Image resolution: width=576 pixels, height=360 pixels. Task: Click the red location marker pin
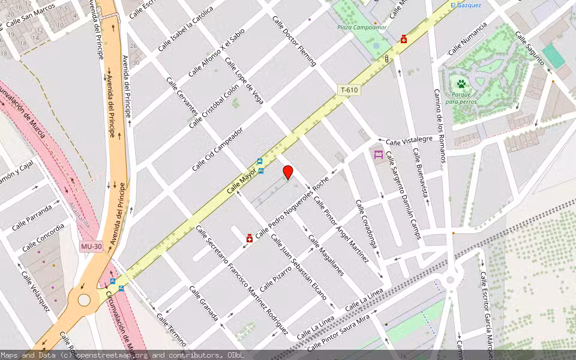coord(288,171)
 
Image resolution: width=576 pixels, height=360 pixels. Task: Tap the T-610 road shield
coord(349,91)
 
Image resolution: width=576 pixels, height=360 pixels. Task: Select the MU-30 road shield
coord(89,247)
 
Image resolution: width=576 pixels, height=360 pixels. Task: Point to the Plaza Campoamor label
coord(362,27)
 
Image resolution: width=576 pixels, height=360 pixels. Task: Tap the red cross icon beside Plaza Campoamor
coord(404,40)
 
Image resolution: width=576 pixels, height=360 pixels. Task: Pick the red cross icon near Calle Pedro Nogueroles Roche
coord(249,239)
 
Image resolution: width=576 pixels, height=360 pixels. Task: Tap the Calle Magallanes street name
coord(326,255)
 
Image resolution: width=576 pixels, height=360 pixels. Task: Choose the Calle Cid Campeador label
coord(217,149)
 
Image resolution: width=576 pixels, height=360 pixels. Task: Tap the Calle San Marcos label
coord(26,17)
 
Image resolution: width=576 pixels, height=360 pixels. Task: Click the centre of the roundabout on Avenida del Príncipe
coord(84,299)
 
